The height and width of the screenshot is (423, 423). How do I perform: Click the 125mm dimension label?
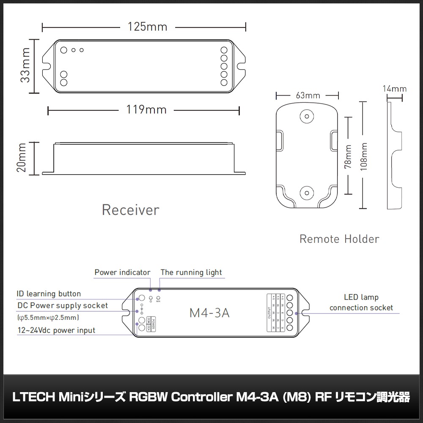[x=147, y=27]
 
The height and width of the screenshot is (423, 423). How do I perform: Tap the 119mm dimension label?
[x=147, y=110]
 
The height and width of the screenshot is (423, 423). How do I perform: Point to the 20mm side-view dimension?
[x=22, y=157]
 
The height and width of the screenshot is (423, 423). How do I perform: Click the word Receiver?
[x=130, y=210]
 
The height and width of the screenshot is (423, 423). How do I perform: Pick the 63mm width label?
[x=308, y=95]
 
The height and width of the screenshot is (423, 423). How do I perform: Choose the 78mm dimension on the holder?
[x=348, y=157]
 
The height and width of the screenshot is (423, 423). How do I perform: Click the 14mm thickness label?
[x=394, y=89]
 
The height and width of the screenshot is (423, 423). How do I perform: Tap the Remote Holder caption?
[x=339, y=239]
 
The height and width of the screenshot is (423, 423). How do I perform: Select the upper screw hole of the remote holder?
[x=307, y=115]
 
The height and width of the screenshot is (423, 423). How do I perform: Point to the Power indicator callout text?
[x=122, y=272]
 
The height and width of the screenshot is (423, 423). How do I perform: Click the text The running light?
[x=191, y=272]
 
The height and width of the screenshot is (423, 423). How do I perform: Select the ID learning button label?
[x=49, y=294]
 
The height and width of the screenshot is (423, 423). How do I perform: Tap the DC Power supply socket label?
[x=63, y=305]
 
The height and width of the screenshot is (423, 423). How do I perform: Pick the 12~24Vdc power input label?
[x=56, y=330]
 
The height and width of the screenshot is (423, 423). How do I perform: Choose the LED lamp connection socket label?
[x=361, y=303]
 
